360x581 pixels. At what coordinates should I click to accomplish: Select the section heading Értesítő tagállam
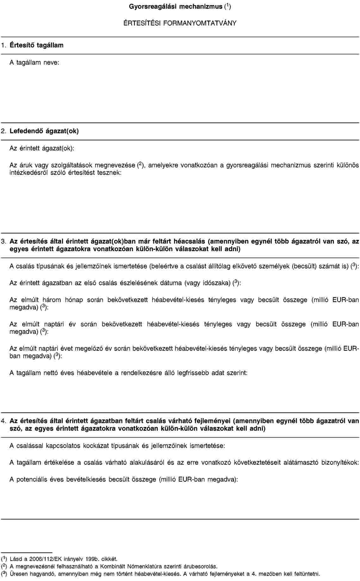point(36,45)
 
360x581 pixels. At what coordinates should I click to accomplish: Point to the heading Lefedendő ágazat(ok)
point(44,131)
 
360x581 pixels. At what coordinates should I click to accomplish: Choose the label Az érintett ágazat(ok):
point(42,148)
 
